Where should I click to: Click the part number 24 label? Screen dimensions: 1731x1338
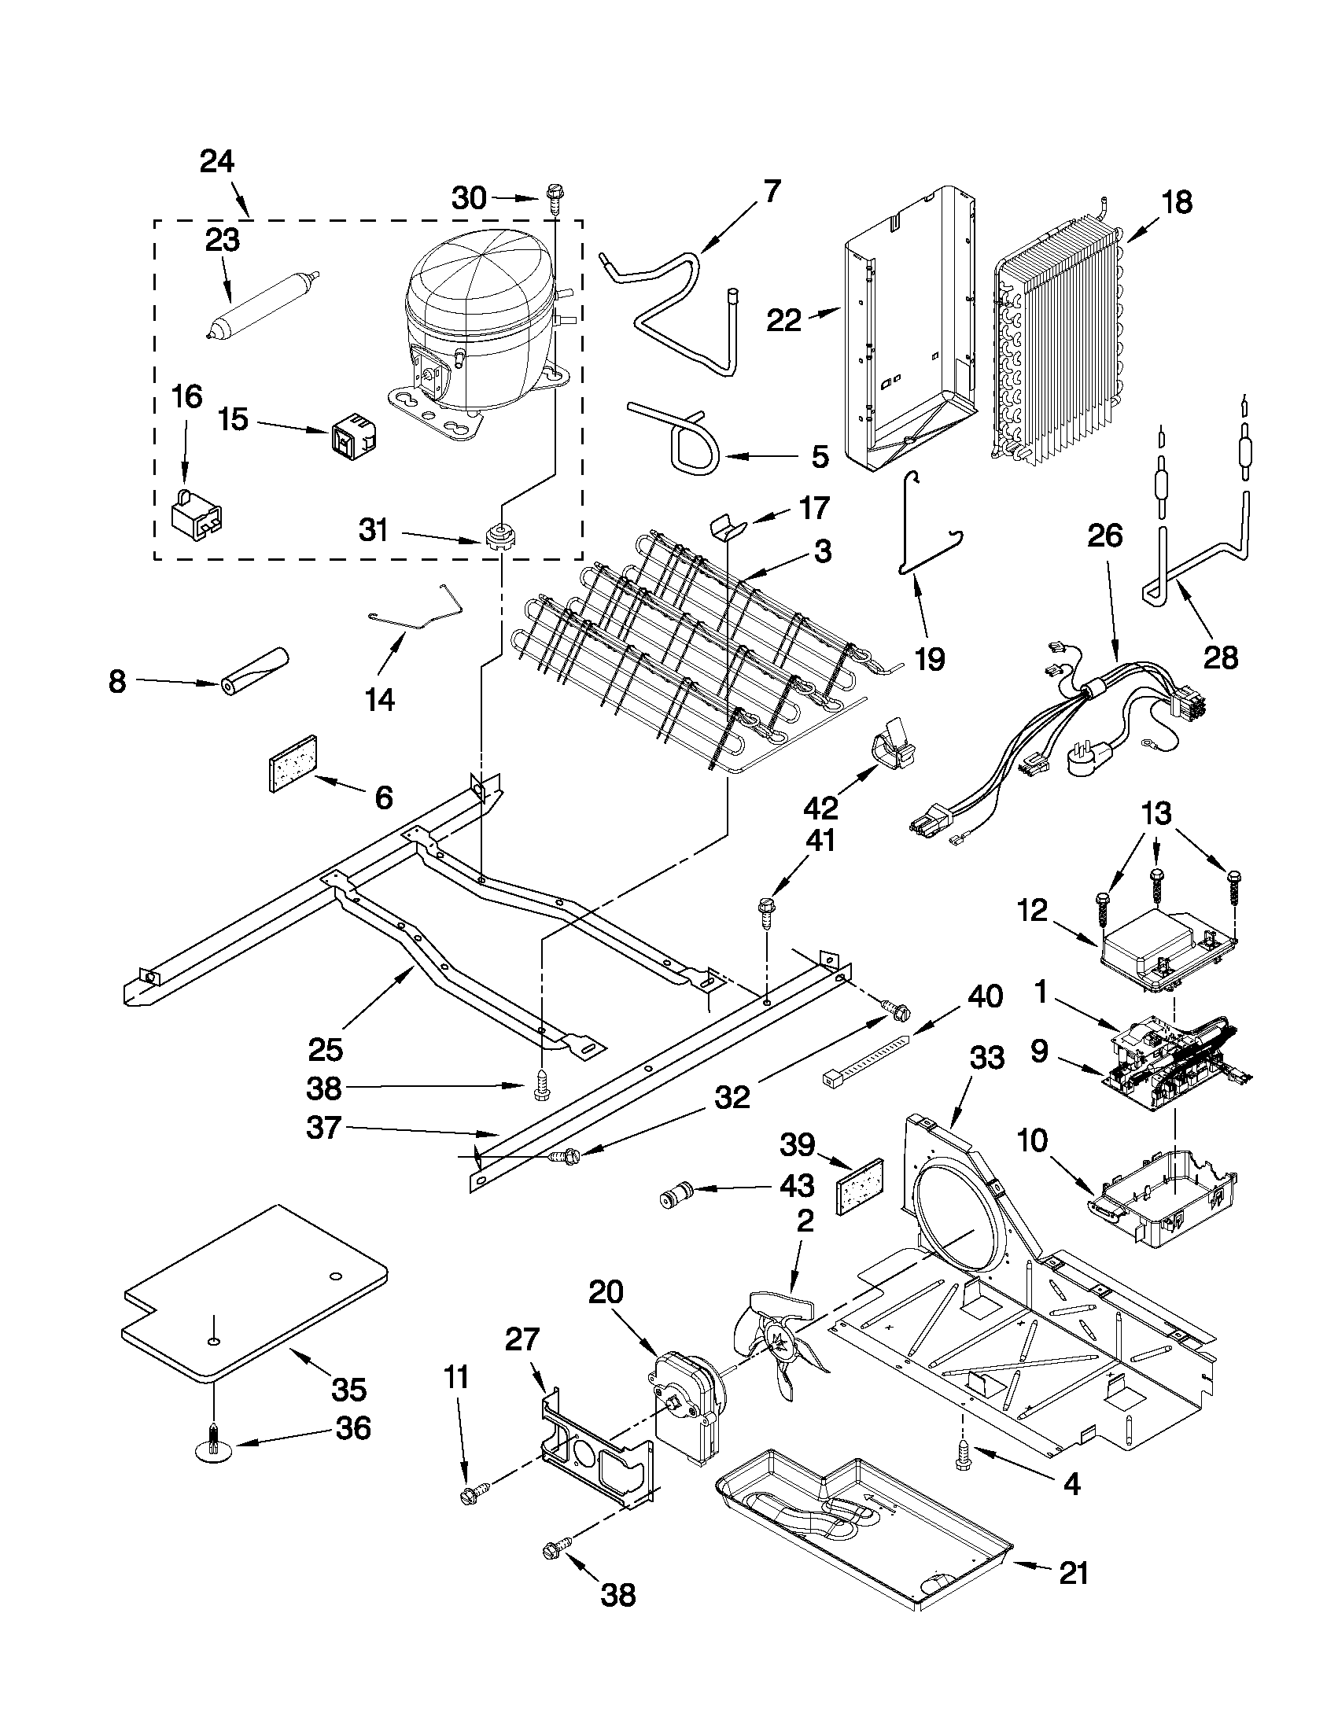(x=217, y=162)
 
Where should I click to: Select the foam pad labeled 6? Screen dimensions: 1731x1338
(x=294, y=762)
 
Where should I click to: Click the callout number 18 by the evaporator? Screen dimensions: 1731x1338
(x=1177, y=203)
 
